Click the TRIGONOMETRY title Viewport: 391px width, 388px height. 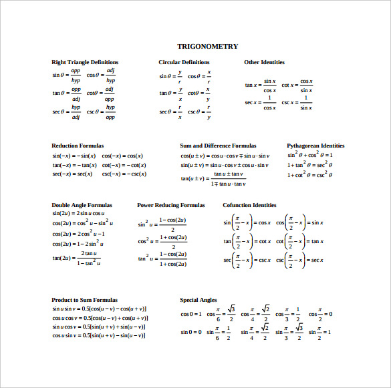(x=207, y=46)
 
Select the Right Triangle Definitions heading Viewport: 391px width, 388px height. (x=85, y=62)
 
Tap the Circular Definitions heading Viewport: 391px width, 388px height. (x=184, y=62)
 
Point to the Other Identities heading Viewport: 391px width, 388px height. (x=264, y=62)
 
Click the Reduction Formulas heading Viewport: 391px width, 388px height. (x=78, y=145)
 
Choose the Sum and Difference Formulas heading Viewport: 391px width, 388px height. (x=218, y=145)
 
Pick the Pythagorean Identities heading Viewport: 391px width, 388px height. (x=315, y=145)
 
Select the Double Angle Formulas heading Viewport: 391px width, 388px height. (x=82, y=205)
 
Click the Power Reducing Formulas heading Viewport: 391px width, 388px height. (x=170, y=205)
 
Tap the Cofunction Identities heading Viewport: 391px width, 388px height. (x=249, y=205)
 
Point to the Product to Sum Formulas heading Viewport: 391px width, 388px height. (x=84, y=300)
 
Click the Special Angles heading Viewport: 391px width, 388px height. (x=199, y=300)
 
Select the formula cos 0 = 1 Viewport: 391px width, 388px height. (x=190, y=314)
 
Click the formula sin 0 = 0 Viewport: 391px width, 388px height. (x=190, y=332)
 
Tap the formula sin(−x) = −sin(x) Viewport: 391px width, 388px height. (x=74, y=156)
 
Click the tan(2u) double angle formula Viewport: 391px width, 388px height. (x=77, y=258)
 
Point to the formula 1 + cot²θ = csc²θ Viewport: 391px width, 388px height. (x=309, y=175)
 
